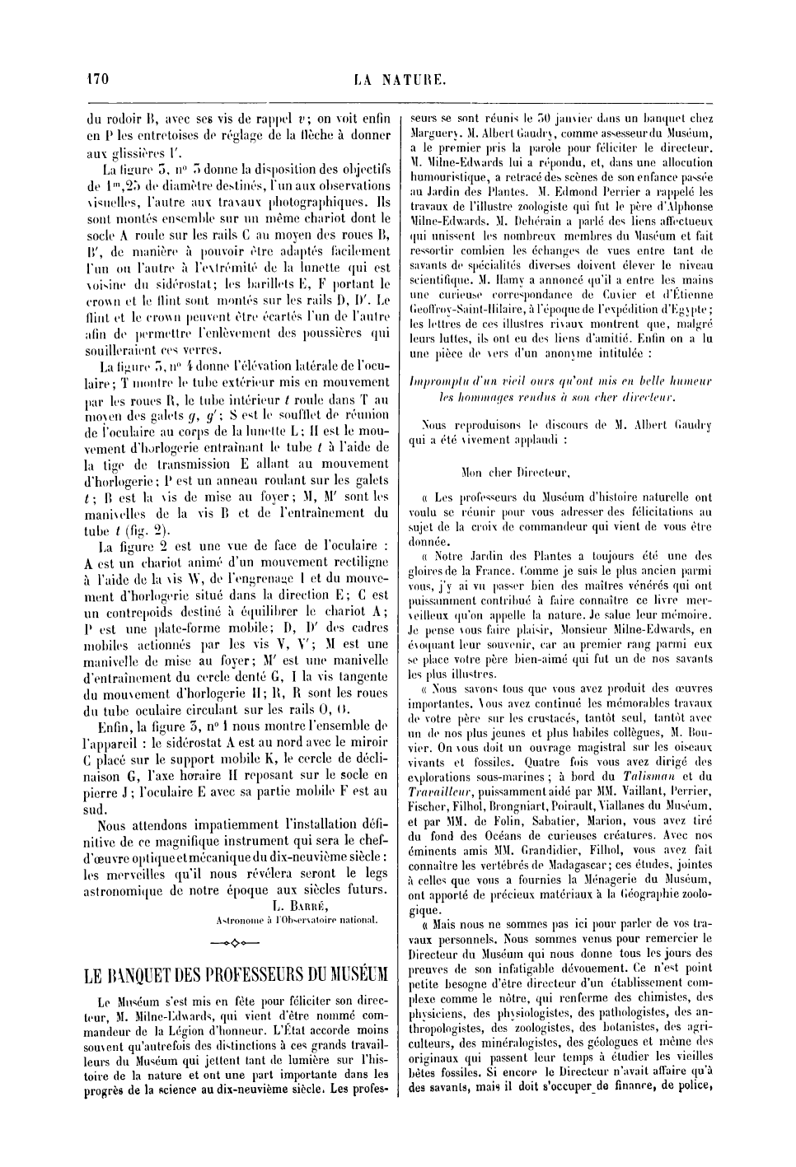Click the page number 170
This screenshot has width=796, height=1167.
(x=98, y=79)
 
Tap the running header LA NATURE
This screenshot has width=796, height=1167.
(x=400, y=80)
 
